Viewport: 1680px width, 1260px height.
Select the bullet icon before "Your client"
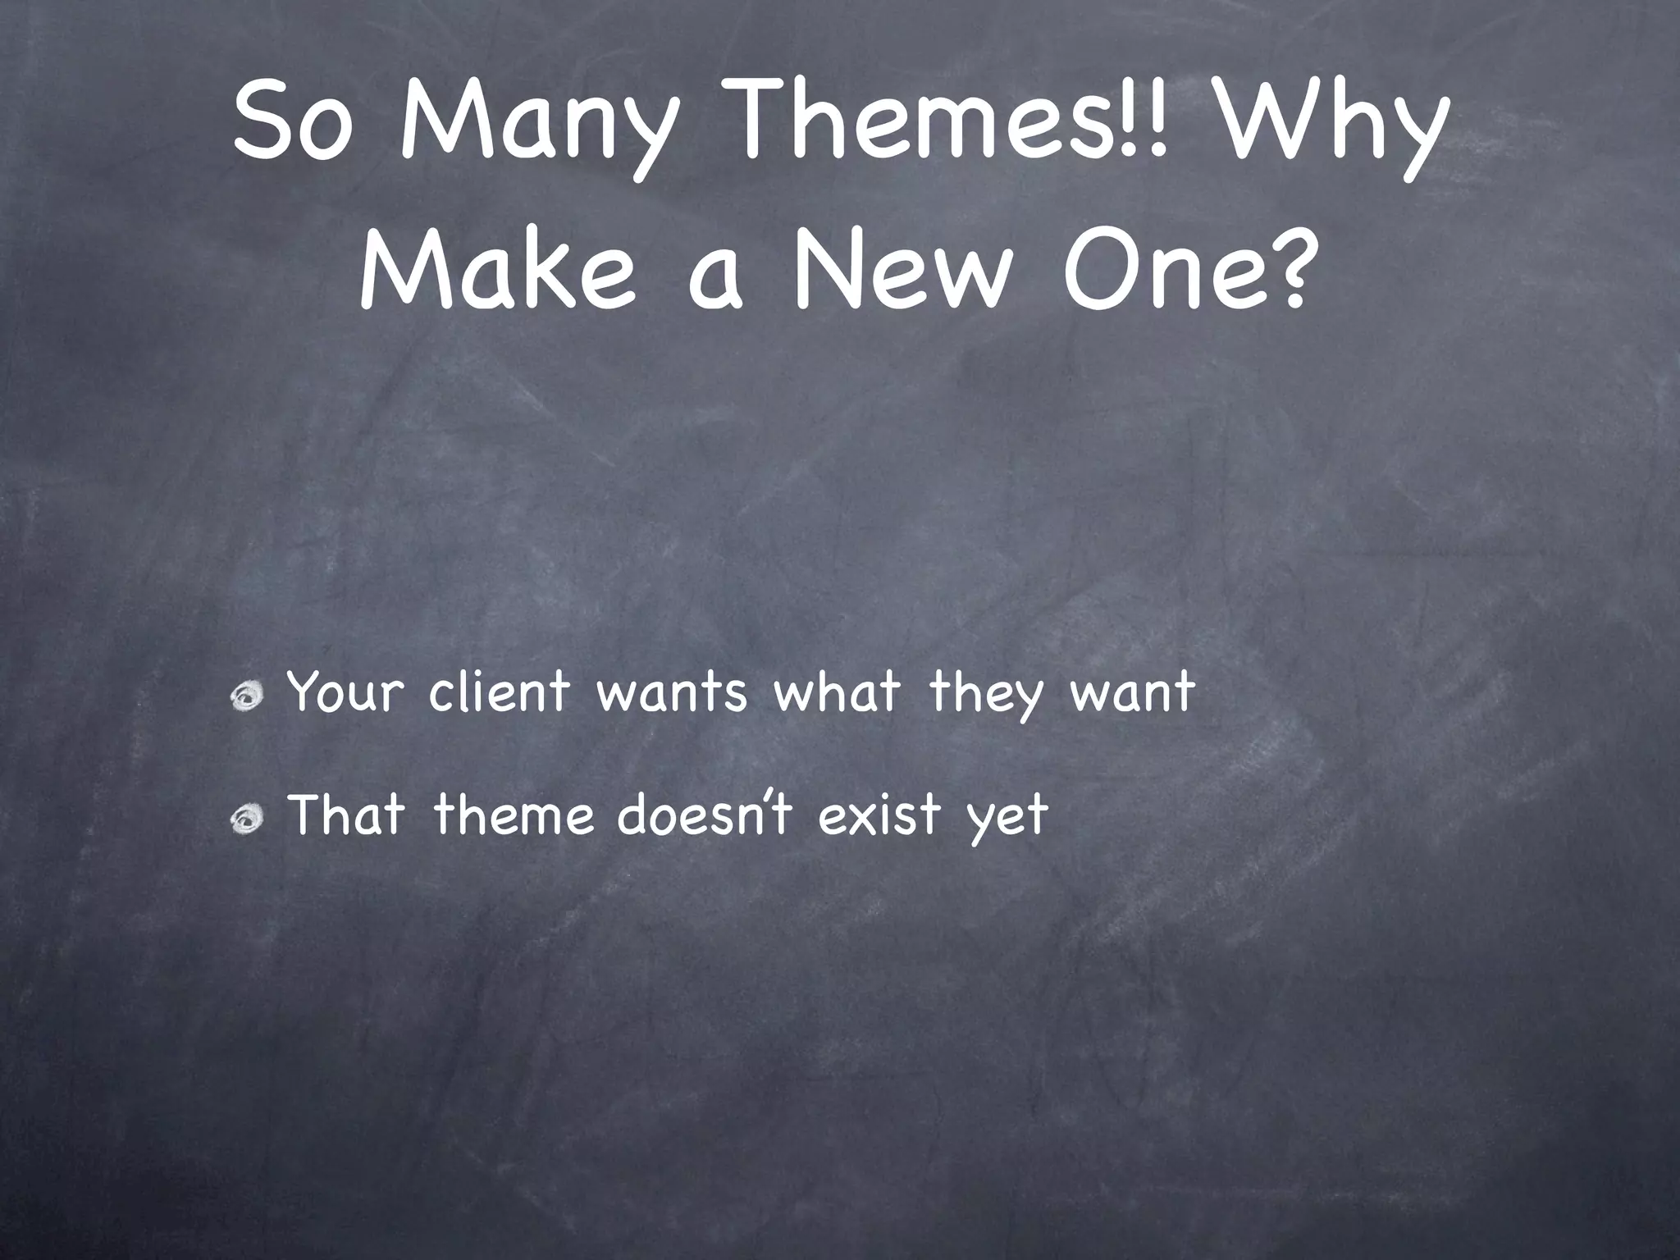(x=245, y=697)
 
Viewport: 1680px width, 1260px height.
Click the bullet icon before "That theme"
(x=245, y=819)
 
